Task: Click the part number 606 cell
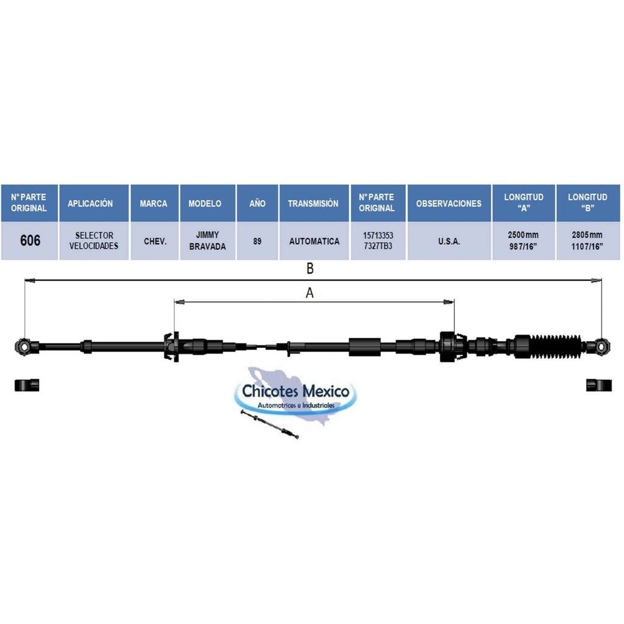(x=30, y=240)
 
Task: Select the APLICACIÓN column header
(x=90, y=204)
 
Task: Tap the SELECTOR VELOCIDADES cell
(x=94, y=241)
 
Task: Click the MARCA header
(x=154, y=204)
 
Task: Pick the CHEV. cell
(x=155, y=241)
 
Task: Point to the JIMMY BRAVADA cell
(x=207, y=241)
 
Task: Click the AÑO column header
(x=258, y=204)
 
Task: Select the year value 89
(x=258, y=241)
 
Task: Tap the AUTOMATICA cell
(x=314, y=241)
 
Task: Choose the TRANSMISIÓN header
(x=313, y=204)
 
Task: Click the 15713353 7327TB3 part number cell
(x=378, y=241)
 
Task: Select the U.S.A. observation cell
(x=449, y=241)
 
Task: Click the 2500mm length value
(x=523, y=235)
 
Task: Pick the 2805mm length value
(x=587, y=235)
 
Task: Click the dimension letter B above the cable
(x=310, y=269)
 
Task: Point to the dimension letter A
(x=310, y=293)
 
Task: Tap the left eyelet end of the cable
(x=24, y=347)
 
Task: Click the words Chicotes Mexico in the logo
(x=296, y=391)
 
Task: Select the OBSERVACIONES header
(x=449, y=204)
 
